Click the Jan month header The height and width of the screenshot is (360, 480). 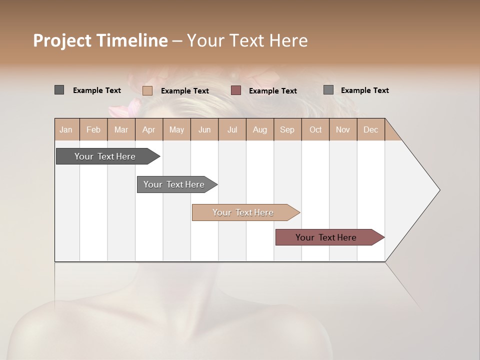(66, 129)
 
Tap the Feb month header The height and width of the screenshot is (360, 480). (93, 129)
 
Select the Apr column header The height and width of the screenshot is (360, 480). (148, 129)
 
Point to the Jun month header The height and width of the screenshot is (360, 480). (204, 129)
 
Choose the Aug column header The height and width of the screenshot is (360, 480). (259, 129)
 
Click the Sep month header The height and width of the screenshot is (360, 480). (287, 129)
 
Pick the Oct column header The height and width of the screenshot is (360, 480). (315, 129)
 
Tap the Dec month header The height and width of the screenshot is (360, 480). (370, 129)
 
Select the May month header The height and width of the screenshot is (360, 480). (176, 129)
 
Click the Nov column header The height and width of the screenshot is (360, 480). (343, 129)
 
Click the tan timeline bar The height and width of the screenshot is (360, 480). (243, 212)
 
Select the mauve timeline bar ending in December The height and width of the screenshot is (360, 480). (326, 237)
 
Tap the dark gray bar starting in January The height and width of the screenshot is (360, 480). (105, 156)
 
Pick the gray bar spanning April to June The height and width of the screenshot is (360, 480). (174, 184)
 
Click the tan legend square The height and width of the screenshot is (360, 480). (147, 90)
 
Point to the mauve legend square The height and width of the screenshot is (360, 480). (236, 90)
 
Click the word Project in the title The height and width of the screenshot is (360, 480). (62, 40)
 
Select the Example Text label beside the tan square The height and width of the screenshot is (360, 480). (185, 91)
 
